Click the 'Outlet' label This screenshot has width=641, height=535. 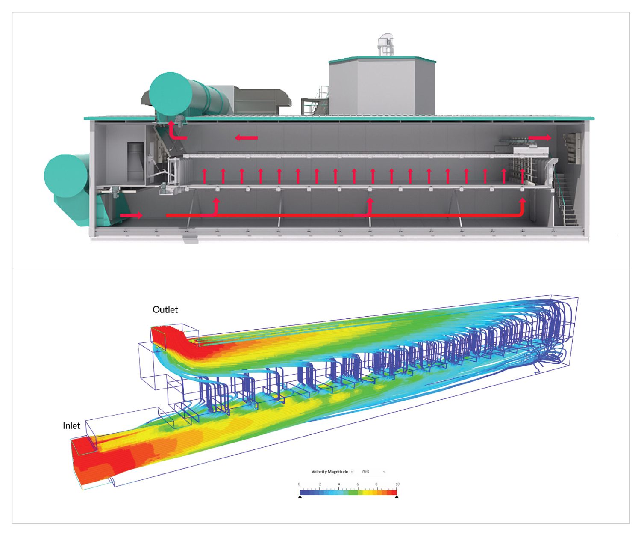pos(165,309)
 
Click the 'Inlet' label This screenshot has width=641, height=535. pos(71,425)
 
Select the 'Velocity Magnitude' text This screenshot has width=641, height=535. pos(329,472)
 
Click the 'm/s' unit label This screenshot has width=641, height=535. pos(365,471)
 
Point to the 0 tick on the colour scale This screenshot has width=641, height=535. pos(299,484)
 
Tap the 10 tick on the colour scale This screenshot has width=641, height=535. pos(397,484)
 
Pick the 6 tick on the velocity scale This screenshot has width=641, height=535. pos(358,484)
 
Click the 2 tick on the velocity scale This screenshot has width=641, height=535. pos(320,484)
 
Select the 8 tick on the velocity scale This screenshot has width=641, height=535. pos(376,484)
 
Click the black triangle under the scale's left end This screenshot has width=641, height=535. pos(300,496)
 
